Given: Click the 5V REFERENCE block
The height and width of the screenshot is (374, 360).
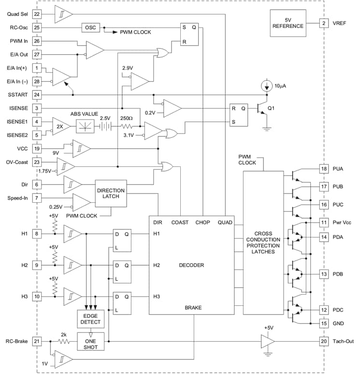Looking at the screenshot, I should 288,22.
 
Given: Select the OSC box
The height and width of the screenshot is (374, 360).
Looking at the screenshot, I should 90,27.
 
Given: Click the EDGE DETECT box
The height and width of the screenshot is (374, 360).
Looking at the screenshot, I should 89,319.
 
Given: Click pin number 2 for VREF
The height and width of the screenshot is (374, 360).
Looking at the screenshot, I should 323,22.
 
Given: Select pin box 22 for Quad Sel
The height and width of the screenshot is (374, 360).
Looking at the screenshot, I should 37,14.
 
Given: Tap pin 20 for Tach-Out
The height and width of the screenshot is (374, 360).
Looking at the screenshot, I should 323,342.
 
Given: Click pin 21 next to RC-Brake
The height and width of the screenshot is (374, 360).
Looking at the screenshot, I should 37,342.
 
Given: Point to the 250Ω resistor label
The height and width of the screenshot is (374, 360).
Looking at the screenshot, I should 127,118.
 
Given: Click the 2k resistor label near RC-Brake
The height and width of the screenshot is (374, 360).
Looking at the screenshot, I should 63,335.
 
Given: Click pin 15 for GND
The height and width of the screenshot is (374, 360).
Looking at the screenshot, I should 323,323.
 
